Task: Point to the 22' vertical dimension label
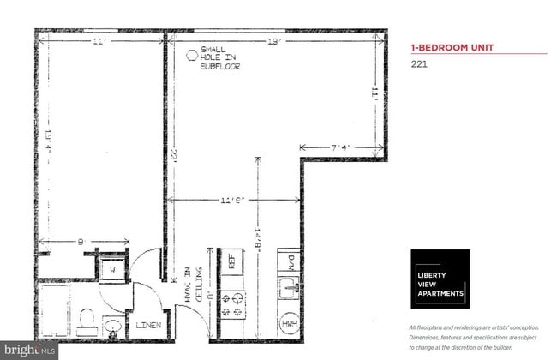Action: [173, 155]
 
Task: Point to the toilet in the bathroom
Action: [85, 321]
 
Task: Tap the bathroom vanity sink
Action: [112, 324]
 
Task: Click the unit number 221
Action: [419, 63]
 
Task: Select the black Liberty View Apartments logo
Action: [440, 279]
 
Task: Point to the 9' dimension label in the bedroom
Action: [81, 243]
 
